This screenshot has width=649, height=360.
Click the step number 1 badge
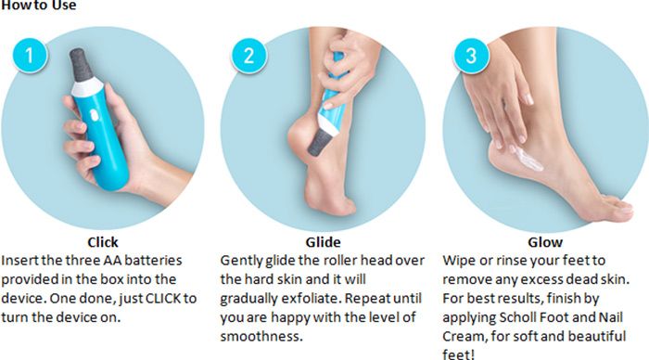30,56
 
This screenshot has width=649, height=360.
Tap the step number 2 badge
248,56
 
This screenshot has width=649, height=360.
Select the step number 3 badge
471,56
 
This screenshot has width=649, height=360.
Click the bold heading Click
103,242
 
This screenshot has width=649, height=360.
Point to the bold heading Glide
323,242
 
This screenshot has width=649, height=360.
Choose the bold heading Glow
545,242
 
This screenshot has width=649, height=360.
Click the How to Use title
38,5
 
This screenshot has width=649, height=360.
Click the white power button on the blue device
94,115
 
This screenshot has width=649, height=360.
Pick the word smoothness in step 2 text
261,336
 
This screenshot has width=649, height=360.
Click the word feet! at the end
459,354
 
